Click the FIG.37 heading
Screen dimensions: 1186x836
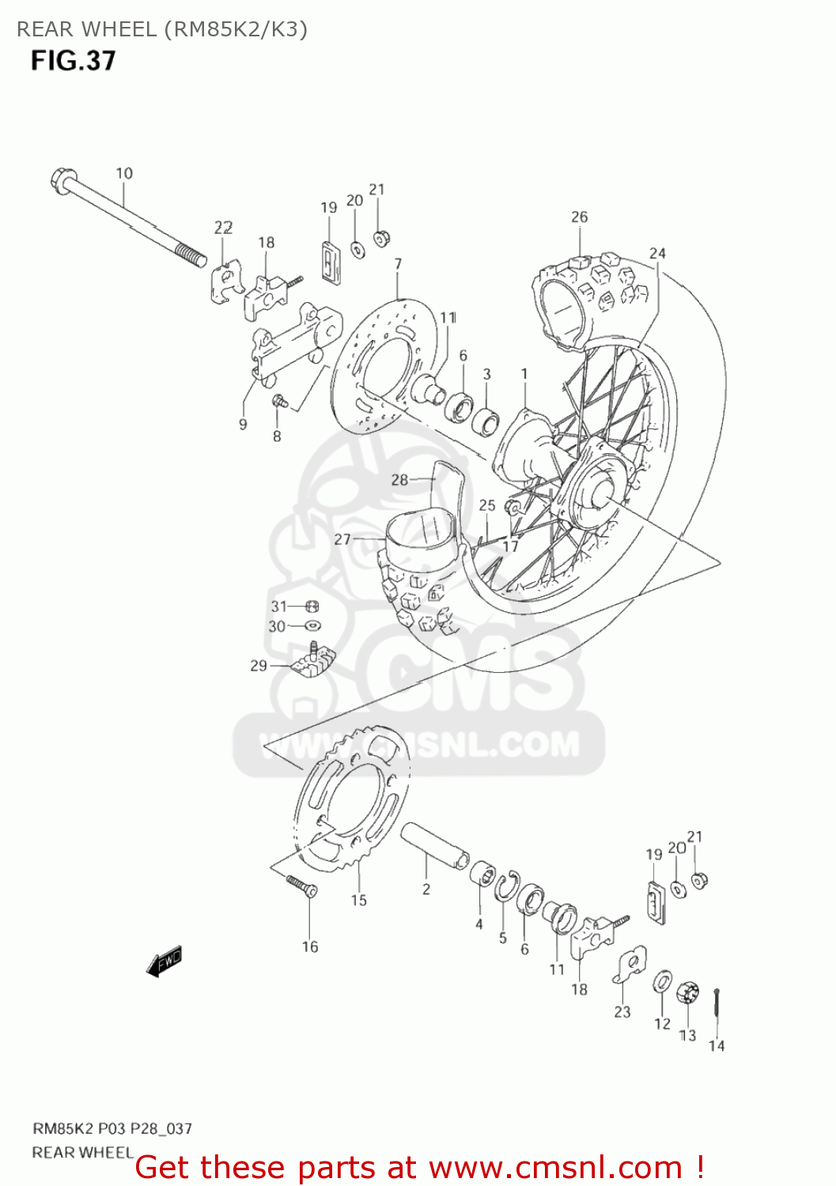[74, 61]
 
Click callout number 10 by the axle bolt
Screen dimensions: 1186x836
[124, 173]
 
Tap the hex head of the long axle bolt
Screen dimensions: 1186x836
[61, 180]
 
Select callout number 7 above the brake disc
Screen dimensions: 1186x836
[398, 264]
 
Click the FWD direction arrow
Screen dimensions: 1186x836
[165, 961]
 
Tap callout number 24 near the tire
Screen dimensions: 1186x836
[657, 253]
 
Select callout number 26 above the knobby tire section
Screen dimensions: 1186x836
[580, 217]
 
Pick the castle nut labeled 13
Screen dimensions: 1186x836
[687, 992]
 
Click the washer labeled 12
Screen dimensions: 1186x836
[662, 983]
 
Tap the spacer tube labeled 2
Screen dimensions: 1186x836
[434, 845]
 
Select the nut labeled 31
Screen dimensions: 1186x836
[312, 606]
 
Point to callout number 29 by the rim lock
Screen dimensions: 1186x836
[259, 666]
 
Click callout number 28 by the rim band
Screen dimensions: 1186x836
[399, 479]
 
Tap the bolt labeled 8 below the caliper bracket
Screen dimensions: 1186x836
[278, 402]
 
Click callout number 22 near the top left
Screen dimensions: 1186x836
[223, 228]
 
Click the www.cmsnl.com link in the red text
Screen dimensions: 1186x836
[555, 1167]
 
